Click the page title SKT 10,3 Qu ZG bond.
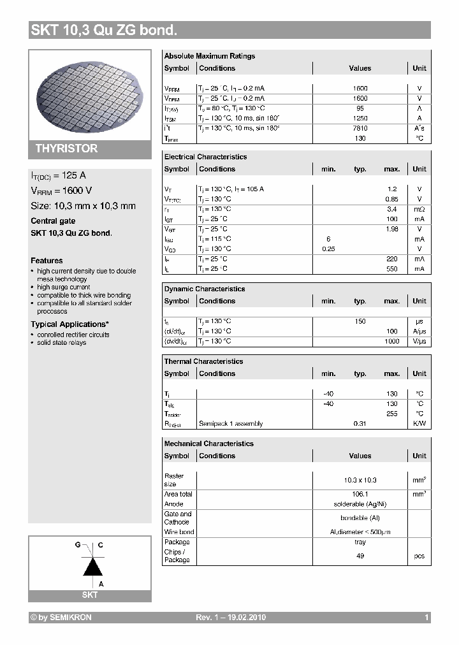pos(104,30)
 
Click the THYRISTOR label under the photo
pos(66,149)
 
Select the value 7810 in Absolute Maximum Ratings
pos(360,129)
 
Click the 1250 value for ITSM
pos(360,119)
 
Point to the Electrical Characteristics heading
pos(205,157)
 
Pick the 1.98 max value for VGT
pos(391,229)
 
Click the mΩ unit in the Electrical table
pos(419,209)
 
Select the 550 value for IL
pos(391,269)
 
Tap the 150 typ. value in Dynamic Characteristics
pos(360,321)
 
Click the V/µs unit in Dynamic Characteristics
pos(419,341)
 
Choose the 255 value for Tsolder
pos(391,414)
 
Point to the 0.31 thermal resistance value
pos(360,424)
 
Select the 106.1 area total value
pos(360,494)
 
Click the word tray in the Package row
pos(360,542)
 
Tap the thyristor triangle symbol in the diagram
pos(94,565)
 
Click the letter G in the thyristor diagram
pos(78,546)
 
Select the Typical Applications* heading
pos(69,324)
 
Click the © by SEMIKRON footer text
pos(61,618)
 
